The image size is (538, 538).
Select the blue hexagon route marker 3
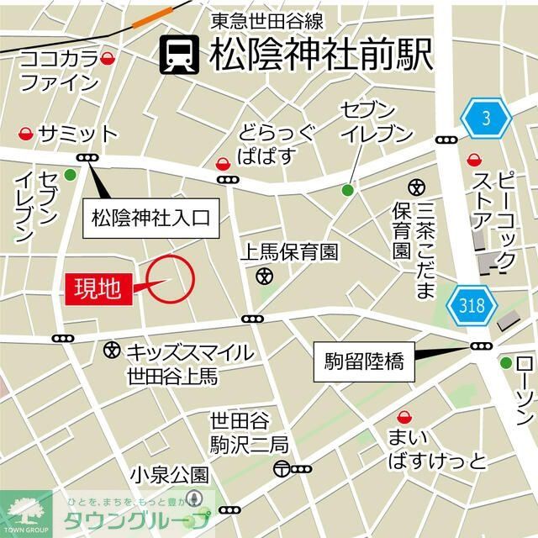486,119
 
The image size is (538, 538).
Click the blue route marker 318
472,306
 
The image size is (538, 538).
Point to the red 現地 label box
98,288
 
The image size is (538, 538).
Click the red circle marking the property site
171,278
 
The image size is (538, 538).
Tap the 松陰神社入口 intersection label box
151,221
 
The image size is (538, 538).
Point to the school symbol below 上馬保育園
265,274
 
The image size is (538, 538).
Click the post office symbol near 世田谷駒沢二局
281,469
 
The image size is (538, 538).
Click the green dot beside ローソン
506,363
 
